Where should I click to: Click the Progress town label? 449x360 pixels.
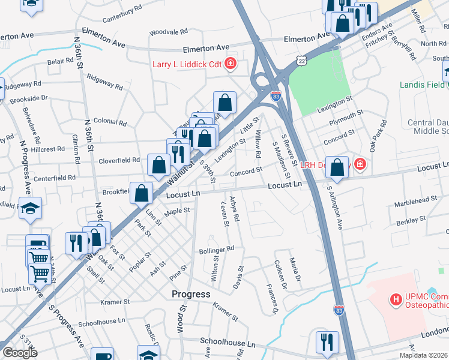click(190, 294)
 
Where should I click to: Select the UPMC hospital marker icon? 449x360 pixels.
click(396, 298)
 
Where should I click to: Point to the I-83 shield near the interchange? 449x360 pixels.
click(276, 95)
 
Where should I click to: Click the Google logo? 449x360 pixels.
click(20, 353)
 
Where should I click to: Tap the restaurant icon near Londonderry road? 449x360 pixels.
click(327, 343)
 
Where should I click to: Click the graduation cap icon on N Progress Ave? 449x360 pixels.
click(30, 208)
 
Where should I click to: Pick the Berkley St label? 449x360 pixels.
click(411, 221)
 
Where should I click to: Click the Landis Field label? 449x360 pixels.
click(423, 85)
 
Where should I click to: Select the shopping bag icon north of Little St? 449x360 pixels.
click(224, 103)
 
